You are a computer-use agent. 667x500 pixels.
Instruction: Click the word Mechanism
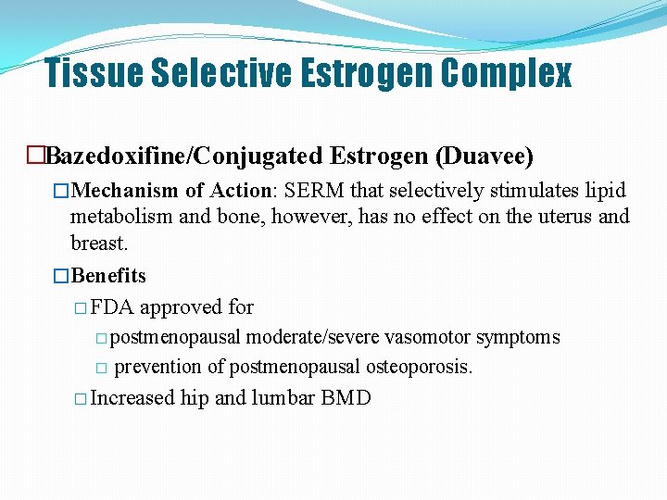pyautogui.click(x=125, y=191)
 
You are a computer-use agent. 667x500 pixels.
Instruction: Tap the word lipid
pyautogui.click(x=603, y=191)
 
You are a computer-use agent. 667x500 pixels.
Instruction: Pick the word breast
pyautogui.click(x=99, y=243)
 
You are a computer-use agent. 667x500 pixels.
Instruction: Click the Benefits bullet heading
pyautogui.click(x=108, y=276)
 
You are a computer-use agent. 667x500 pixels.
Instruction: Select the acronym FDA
pyautogui.click(x=112, y=307)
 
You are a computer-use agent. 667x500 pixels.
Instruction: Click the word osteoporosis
pyautogui.click(x=419, y=367)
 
